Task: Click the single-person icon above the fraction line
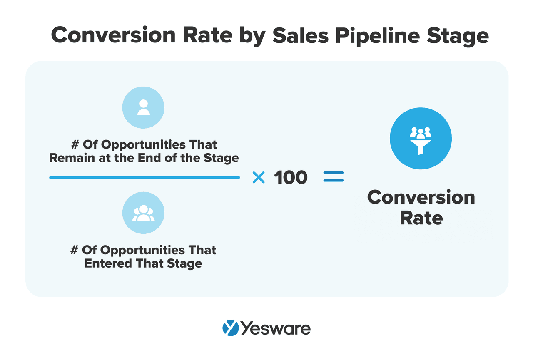click(x=143, y=107)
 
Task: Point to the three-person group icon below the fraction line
click(x=143, y=213)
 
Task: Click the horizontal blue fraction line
click(x=144, y=178)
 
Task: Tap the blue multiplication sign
click(x=259, y=178)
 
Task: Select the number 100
click(x=291, y=178)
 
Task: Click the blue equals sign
click(x=334, y=177)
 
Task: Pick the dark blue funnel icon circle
click(x=421, y=139)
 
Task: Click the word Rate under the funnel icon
click(x=421, y=218)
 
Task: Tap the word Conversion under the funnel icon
click(x=421, y=197)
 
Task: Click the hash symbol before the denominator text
click(x=75, y=250)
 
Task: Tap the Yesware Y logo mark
click(x=230, y=328)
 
